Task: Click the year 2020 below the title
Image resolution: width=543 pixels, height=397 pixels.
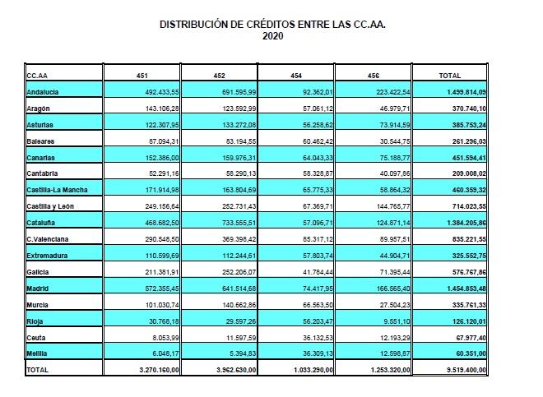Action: click(x=272, y=36)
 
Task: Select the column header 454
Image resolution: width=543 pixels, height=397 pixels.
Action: click(x=296, y=76)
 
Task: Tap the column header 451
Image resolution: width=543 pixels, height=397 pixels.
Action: click(x=142, y=76)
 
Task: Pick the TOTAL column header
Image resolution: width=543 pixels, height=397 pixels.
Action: click(x=450, y=76)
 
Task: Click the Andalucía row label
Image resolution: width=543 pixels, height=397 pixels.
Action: click(x=43, y=92)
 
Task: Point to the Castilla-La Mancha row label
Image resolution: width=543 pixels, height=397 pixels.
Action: click(x=57, y=190)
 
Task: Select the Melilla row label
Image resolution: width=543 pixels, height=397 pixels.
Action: click(x=37, y=353)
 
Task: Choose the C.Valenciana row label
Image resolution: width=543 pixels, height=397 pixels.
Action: click(x=48, y=239)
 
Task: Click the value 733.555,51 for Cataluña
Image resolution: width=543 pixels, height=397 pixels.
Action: click(x=239, y=223)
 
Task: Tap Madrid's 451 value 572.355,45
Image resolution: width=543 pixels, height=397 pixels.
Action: click(x=162, y=289)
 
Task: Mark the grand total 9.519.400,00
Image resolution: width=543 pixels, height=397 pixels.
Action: click(x=466, y=370)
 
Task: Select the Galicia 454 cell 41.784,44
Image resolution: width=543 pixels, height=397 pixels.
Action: click(x=318, y=272)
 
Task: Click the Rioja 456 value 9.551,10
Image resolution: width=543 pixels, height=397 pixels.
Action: click(x=397, y=321)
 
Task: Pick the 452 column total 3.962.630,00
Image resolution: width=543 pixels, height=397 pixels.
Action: click(x=236, y=370)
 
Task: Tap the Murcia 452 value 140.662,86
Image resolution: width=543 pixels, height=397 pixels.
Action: click(x=239, y=305)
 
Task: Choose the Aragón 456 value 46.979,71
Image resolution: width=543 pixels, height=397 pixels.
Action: click(x=395, y=108)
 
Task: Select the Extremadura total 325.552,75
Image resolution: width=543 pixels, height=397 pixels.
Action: click(x=469, y=256)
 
